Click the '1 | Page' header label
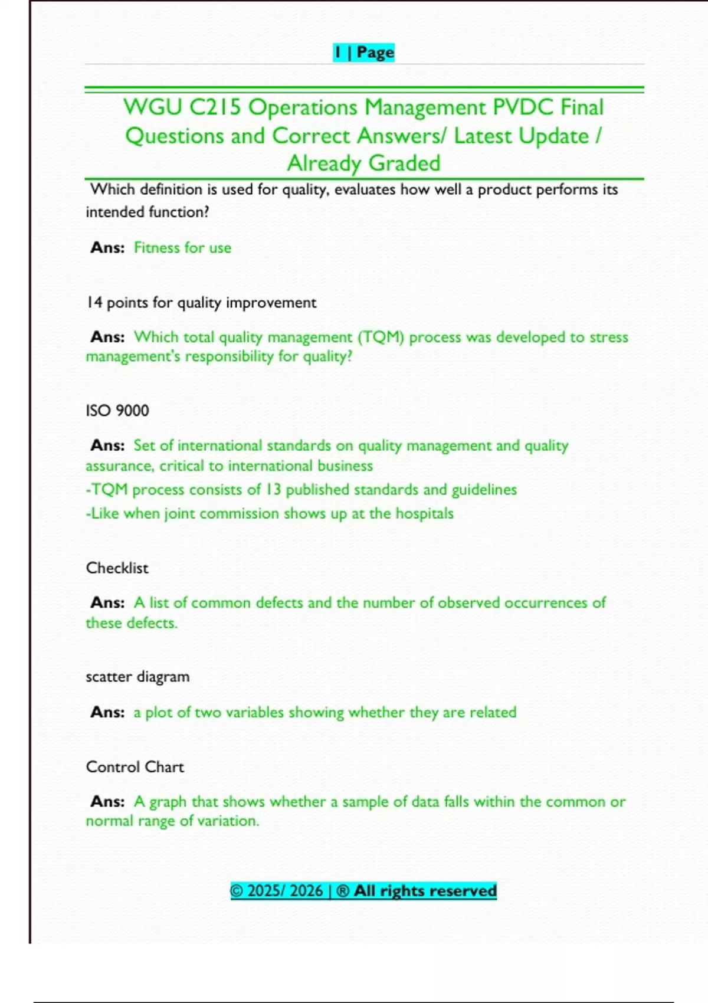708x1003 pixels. click(363, 53)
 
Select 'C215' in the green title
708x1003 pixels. click(215, 107)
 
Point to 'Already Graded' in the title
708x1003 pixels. click(363, 163)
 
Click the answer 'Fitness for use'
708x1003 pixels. click(182, 248)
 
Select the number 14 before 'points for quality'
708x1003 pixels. click(94, 303)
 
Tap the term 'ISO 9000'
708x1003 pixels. click(117, 411)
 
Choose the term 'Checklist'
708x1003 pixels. click(117, 568)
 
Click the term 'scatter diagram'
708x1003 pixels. click(137, 677)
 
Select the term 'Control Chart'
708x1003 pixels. click(135, 767)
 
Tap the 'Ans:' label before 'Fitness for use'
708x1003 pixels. click(107, 248)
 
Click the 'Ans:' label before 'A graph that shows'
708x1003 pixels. click(107, 802)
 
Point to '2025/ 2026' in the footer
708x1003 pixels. click(285, 891)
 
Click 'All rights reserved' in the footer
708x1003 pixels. click(425, 891)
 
